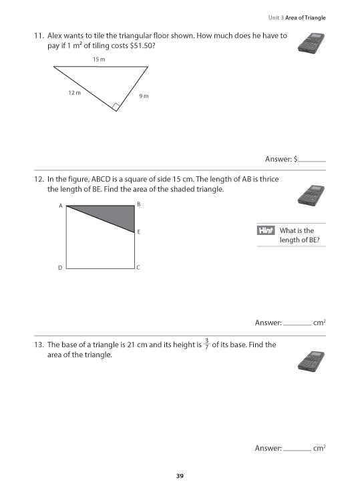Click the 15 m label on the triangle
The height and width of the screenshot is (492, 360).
tap(99, 59)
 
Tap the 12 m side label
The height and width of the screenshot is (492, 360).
tap(74, 93)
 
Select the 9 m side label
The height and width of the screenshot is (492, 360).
tap(144, 96)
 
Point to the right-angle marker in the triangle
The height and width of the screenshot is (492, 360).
tap(116, 106)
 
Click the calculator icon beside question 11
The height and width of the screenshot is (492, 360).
tap(311, 42)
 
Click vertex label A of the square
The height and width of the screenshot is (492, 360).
tap(60, 206)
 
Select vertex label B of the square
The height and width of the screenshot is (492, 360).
tap(138, 204)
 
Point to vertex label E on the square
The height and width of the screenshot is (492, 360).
tap(138, 232)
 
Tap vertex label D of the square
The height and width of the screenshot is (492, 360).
tap(60, 268)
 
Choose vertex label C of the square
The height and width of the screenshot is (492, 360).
tap(138, 268)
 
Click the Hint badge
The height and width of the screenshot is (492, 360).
tap(266, 231)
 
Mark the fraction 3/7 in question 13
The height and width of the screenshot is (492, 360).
tap(207, 344)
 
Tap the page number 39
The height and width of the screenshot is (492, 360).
tap(180, 476)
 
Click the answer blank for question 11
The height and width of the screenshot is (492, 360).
tap(312, 160)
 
